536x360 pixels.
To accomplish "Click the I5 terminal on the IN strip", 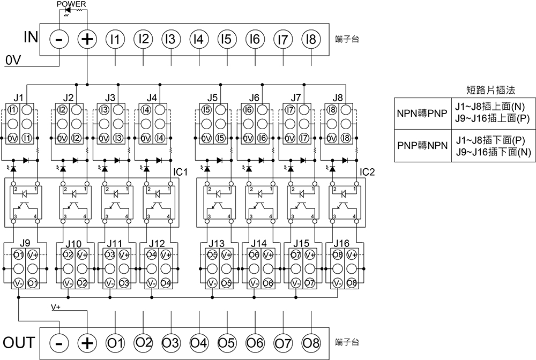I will click(226, 39).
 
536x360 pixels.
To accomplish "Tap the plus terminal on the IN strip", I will click(87, 39).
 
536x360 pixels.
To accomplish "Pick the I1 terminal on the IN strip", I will click(115, 39).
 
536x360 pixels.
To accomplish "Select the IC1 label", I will click(180, 172).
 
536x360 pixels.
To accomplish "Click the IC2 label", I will click(368, 172).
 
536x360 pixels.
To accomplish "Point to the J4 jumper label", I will click(152, 97).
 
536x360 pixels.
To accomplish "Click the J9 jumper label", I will click(25, 243).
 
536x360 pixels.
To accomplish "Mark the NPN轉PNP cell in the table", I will click(421, 114).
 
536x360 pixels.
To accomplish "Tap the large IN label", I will click(31, 38).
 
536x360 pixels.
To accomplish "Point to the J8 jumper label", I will click(338, 97).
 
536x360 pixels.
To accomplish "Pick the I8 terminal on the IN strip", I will click(310, 39).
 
